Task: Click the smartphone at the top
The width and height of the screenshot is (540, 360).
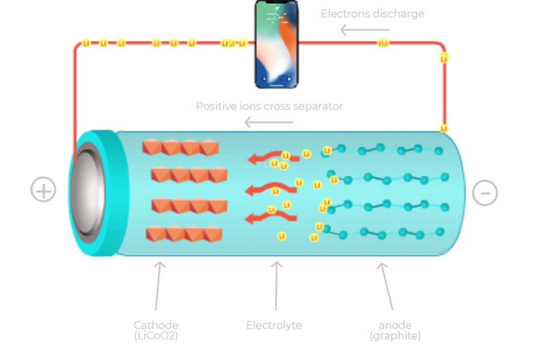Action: click(x=276, y=44)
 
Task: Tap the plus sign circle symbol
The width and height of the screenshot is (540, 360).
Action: click(x=43, y=189)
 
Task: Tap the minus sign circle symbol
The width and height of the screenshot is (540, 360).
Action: click(x=485, y=193)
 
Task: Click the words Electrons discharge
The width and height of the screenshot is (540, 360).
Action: click(x=372, y=14)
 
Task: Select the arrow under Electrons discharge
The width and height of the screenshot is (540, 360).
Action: click(x=364, y=30)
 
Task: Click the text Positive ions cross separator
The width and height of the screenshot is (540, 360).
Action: click(x=269, y=106)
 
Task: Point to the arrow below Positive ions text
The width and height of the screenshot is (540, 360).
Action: click(x=269, y=122)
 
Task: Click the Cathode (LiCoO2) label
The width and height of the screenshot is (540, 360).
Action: click(x=156, y=330)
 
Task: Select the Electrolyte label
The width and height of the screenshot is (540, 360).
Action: click(x=274, y=325)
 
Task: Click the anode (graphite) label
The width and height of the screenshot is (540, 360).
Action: click(x=395, y=330)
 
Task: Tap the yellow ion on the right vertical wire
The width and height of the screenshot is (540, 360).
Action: click(x=444, y=58)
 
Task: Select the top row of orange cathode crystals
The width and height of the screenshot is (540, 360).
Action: click(x=180, y=147)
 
